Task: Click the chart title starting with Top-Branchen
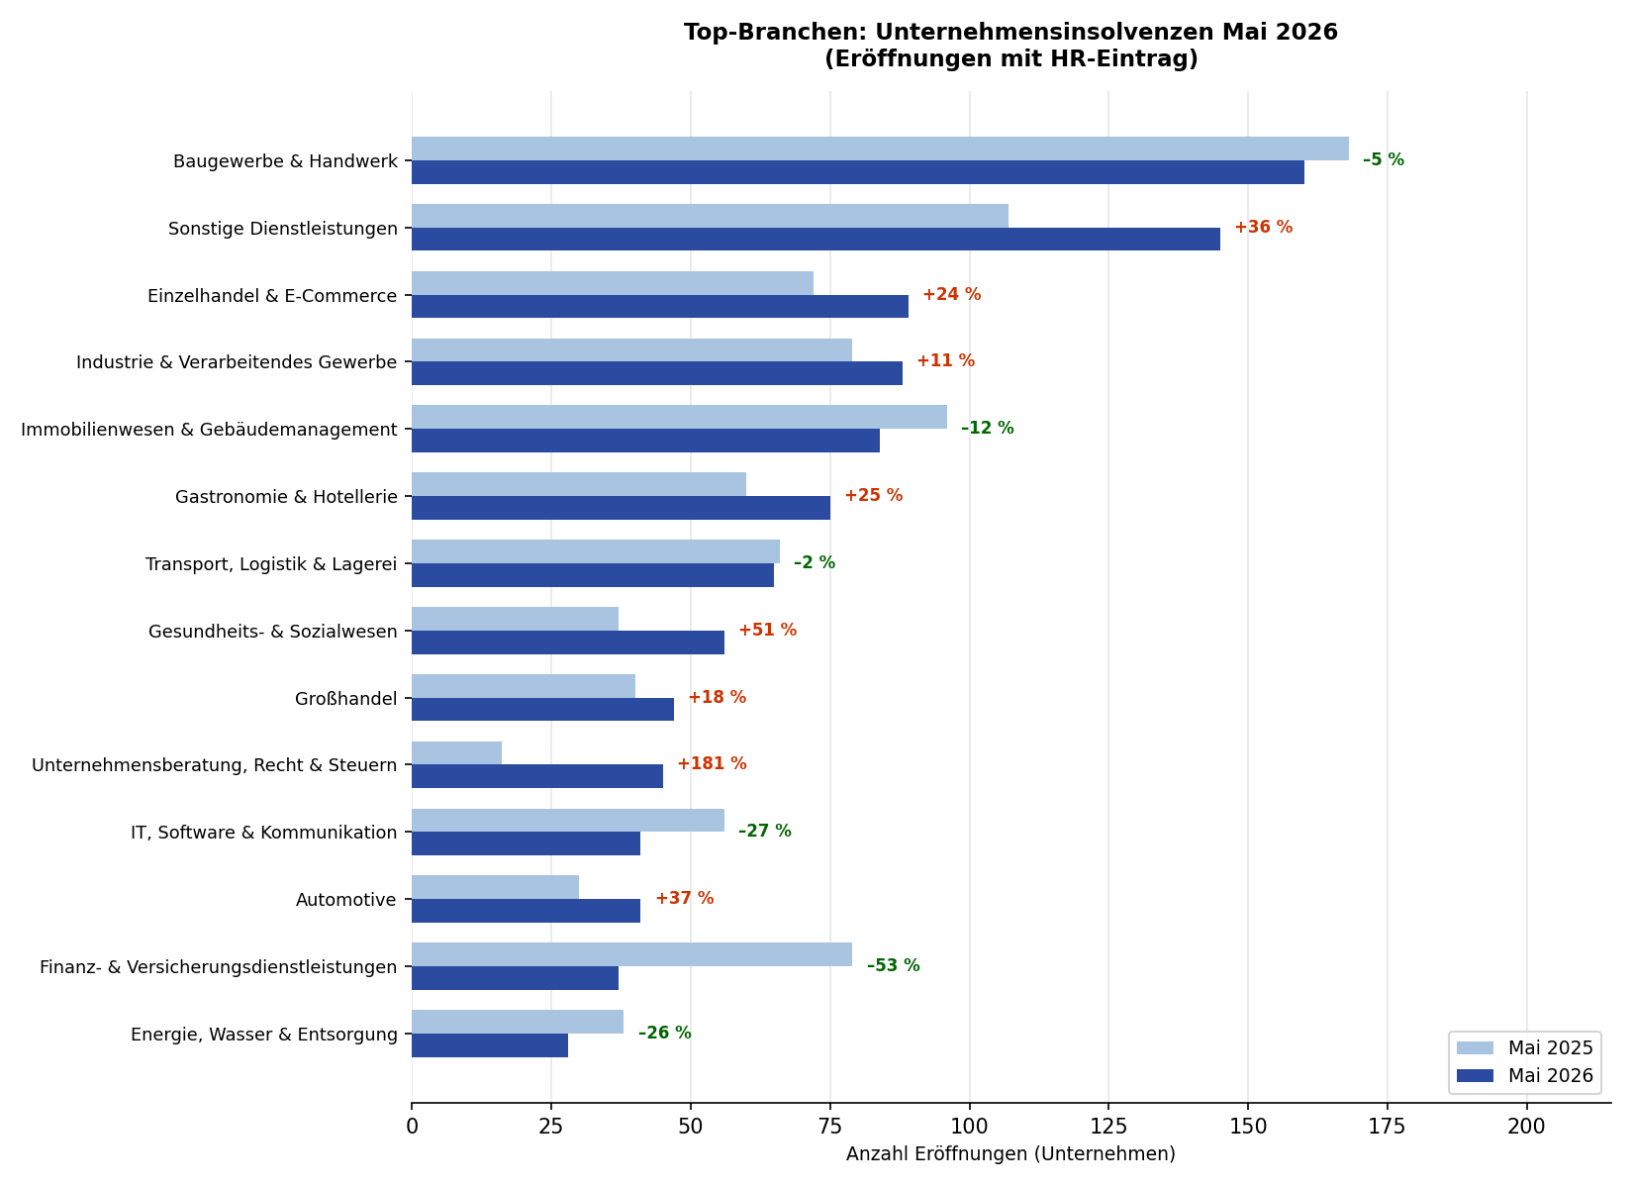(1010, 46)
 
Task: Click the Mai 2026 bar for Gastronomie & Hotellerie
(621, 508)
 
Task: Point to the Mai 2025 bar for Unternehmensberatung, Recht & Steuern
(456, 753)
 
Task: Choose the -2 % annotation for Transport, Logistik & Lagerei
(815, 563)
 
